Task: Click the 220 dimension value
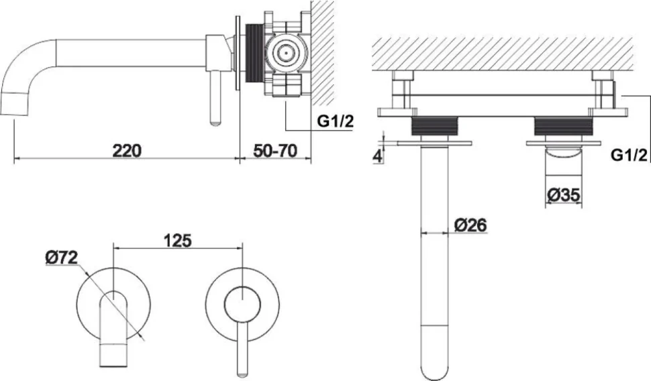click(x=127, y=150)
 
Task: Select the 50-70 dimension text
click(x=275, y=150)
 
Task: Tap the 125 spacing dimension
click(x=177, y=240)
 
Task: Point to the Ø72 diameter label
click(x=62, y=258)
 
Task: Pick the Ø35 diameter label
click(x=563, y=195)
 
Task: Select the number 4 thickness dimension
click(x=377, y=156)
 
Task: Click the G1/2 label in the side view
click(x=335, y=121)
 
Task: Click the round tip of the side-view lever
click(x=215, y=121)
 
